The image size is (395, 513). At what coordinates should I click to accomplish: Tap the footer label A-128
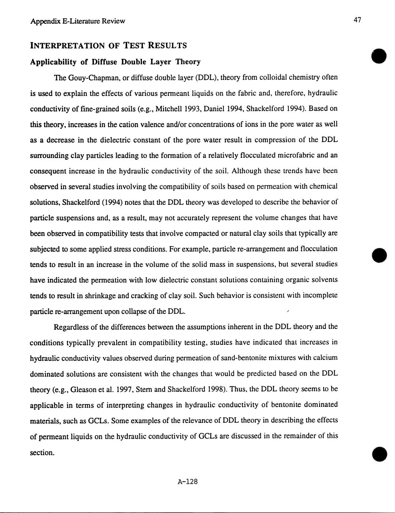pyautogui.click(x=188, y=482)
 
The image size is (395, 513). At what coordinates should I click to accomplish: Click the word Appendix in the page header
pyautogui.click(x=42, y=21)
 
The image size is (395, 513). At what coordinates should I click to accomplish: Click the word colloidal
pyautogui.click(x=273, y=77)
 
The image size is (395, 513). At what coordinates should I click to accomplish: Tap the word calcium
pyautogui.click(x=326, y=358)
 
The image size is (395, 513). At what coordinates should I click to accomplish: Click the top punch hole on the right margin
pyautogui.click(x=379, y=56)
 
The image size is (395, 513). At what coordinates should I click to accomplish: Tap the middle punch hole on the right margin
pyautogui.click(x=379, y=255)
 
